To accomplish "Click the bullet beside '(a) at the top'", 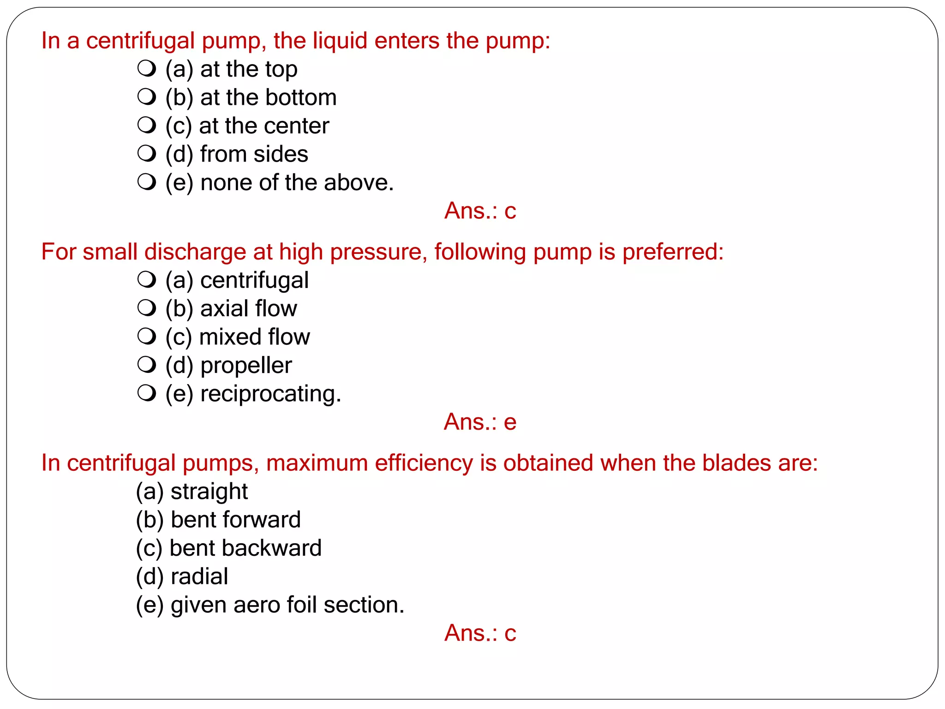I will [147, 69].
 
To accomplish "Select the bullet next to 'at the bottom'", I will [147, 97].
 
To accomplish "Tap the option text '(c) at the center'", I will [247, 126].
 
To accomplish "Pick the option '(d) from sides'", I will [237, 154].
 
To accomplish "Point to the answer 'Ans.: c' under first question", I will [480, 211].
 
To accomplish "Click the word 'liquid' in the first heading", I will [341, 41].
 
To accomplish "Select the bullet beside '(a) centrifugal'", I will [147, 280].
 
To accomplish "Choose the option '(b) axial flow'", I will [231, 308].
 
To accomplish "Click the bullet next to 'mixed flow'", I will [147, 336].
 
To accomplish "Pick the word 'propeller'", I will [246, 366].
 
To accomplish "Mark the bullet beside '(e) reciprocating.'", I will [147, 393].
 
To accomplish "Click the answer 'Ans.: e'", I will [480, 422].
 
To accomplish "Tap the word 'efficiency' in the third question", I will [424, 463].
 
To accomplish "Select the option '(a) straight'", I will [191, 492].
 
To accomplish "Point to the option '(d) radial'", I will [182, 577].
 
